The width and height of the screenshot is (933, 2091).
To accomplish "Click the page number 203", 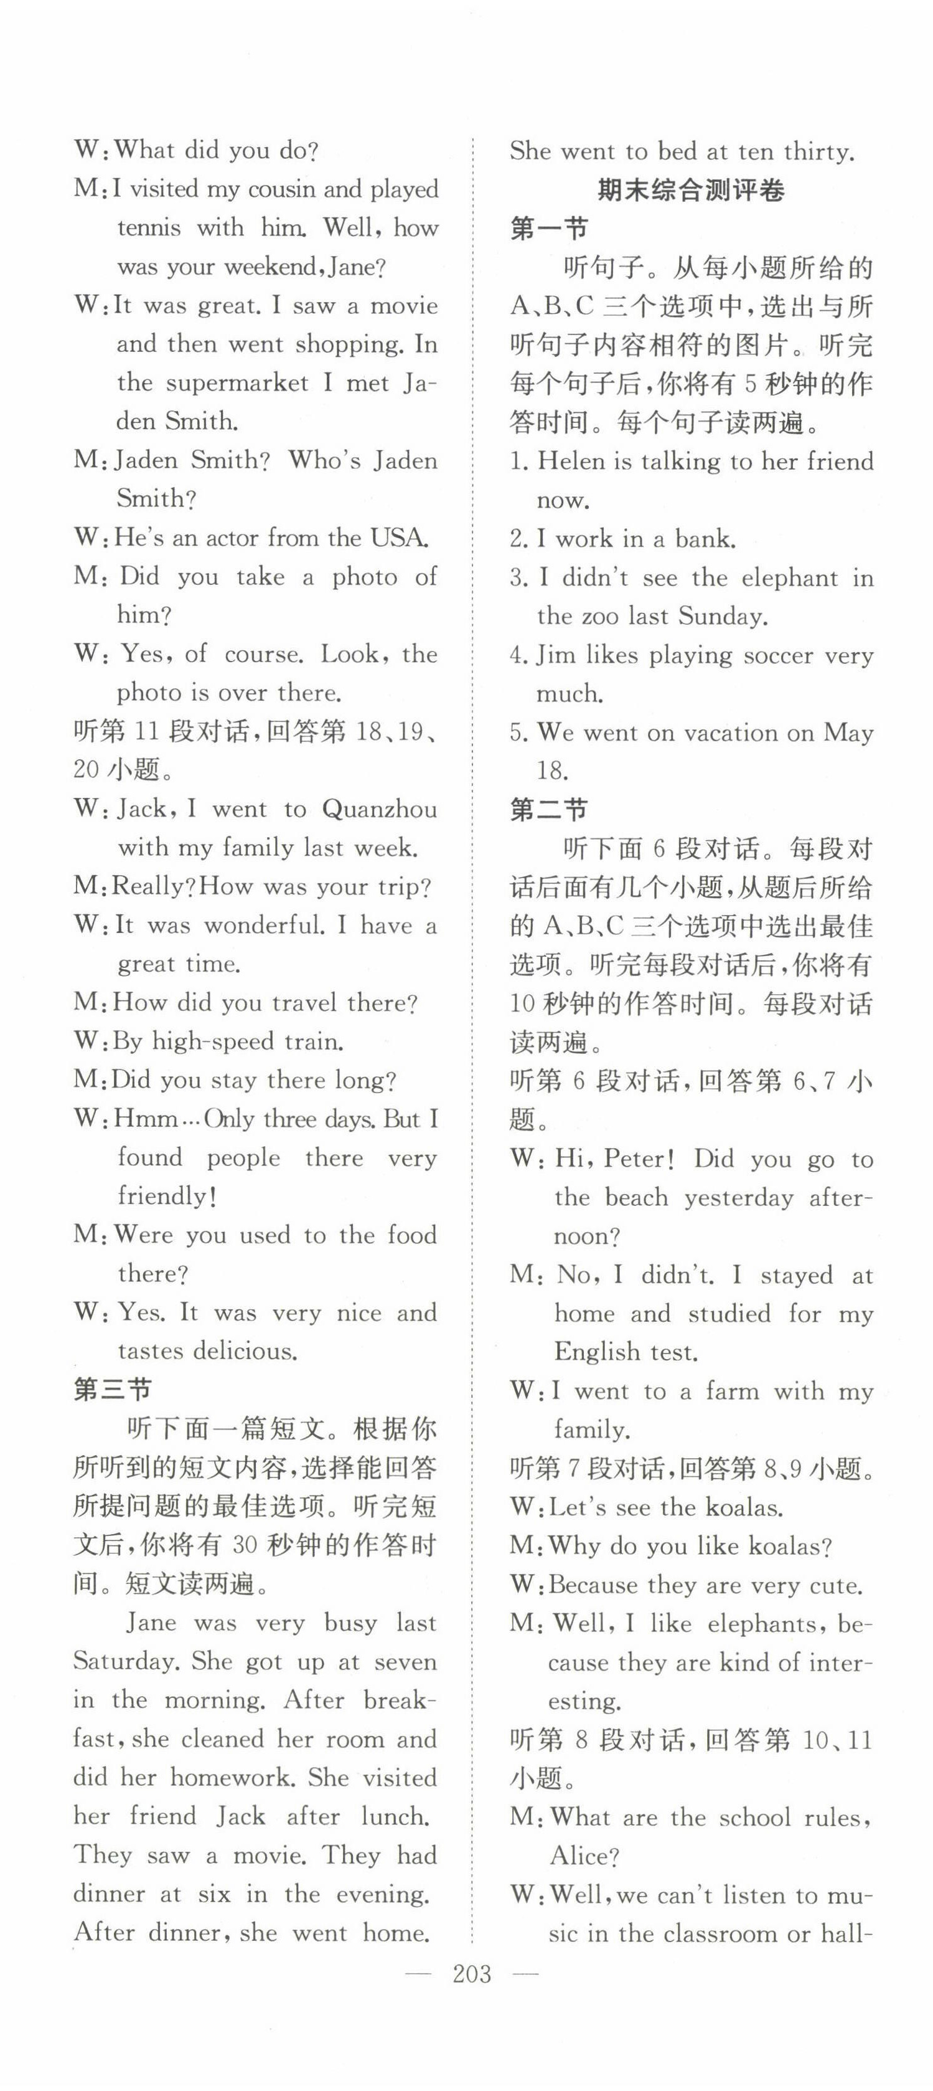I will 472,1974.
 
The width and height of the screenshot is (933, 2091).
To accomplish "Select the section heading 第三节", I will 112,1390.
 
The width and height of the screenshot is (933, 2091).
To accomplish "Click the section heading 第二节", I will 548,809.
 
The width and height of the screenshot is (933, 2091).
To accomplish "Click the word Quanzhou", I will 379,809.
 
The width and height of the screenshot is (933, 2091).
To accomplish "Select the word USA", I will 398,538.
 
